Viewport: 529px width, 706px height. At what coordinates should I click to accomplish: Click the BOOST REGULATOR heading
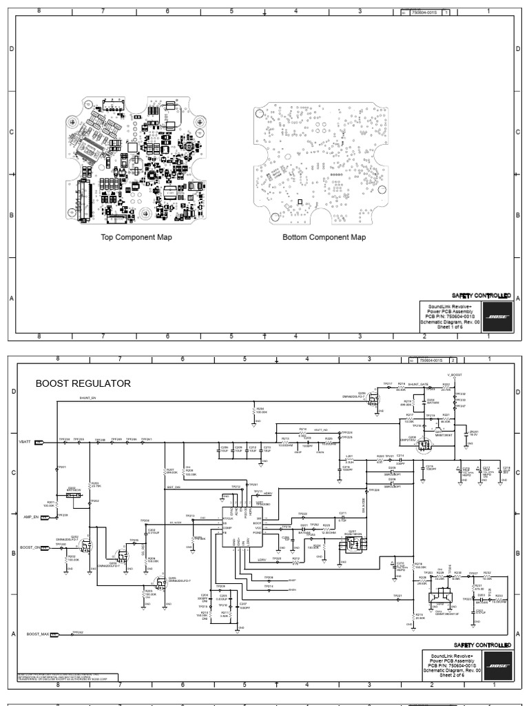pyautogui.click(x=83, y=383)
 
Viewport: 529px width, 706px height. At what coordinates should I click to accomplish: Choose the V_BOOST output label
pyautogui.click(x=453, y=376)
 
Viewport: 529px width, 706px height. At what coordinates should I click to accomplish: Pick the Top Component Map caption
pyautogui.click(x=136, y=237)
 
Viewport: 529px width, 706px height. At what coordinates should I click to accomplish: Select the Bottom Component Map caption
pyautogui.click(x=324, y=237)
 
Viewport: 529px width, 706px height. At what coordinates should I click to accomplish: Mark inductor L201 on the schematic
pyautogui.click(x=349, y=461)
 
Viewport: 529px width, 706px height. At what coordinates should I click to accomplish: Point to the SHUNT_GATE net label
pyautogui.click(x=417, y=384)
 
